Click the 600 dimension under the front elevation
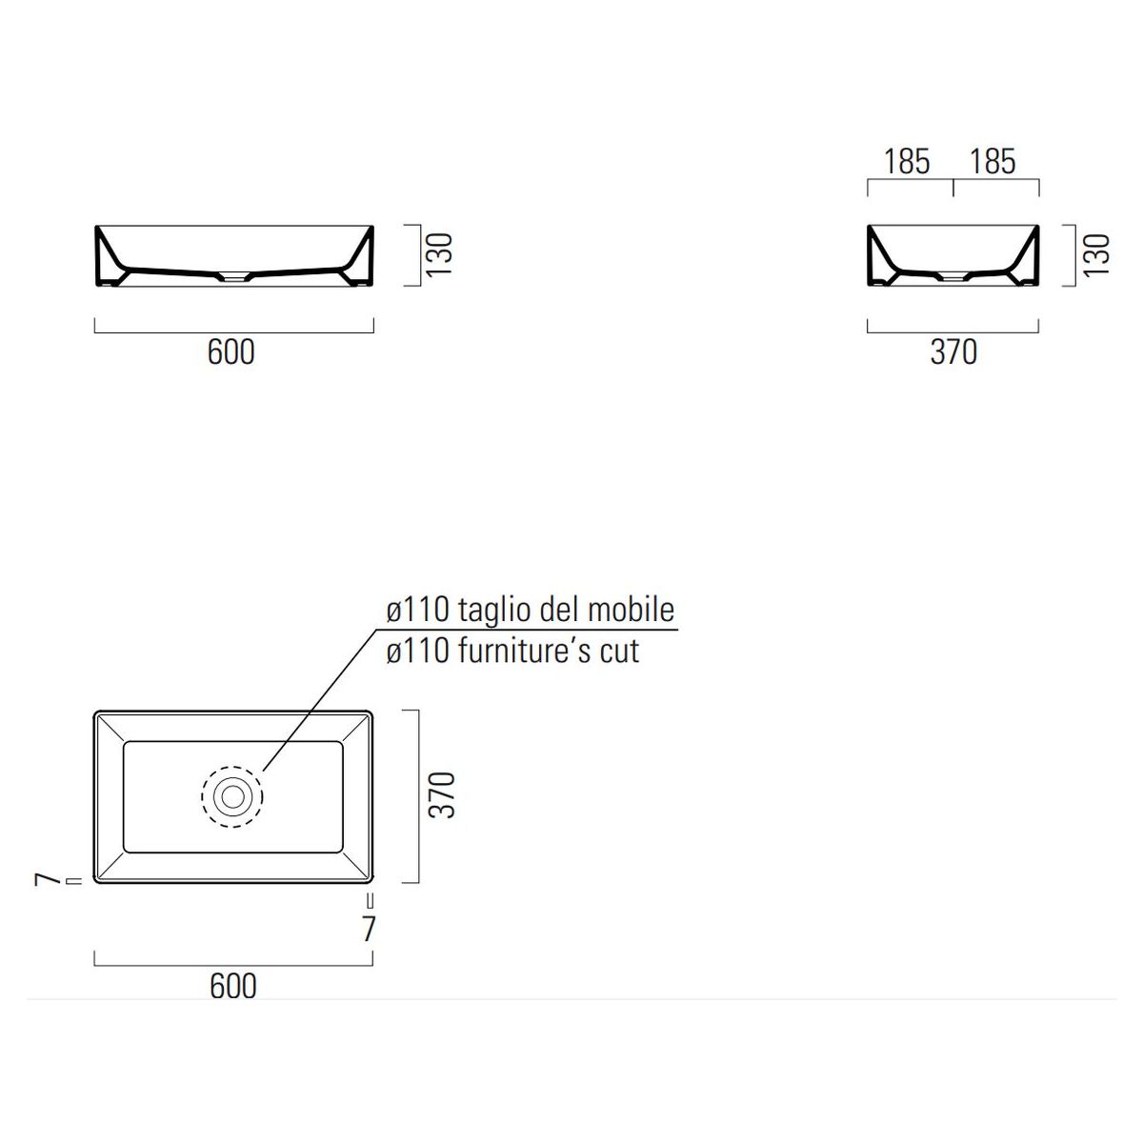click(x=231, y=351)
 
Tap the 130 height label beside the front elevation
click(x=439, y=255)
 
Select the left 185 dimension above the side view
click(x=907, y=161)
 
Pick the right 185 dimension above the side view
click(x=993, y=161)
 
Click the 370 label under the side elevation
click(x=953, y=351)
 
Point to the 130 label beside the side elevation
click(x=1096, y=255)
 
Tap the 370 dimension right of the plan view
click(x=442, y=795)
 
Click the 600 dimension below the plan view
click(x=233, y=986)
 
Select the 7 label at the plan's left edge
click(x=48, y=880)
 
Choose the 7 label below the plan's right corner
click(x=369, y=929)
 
